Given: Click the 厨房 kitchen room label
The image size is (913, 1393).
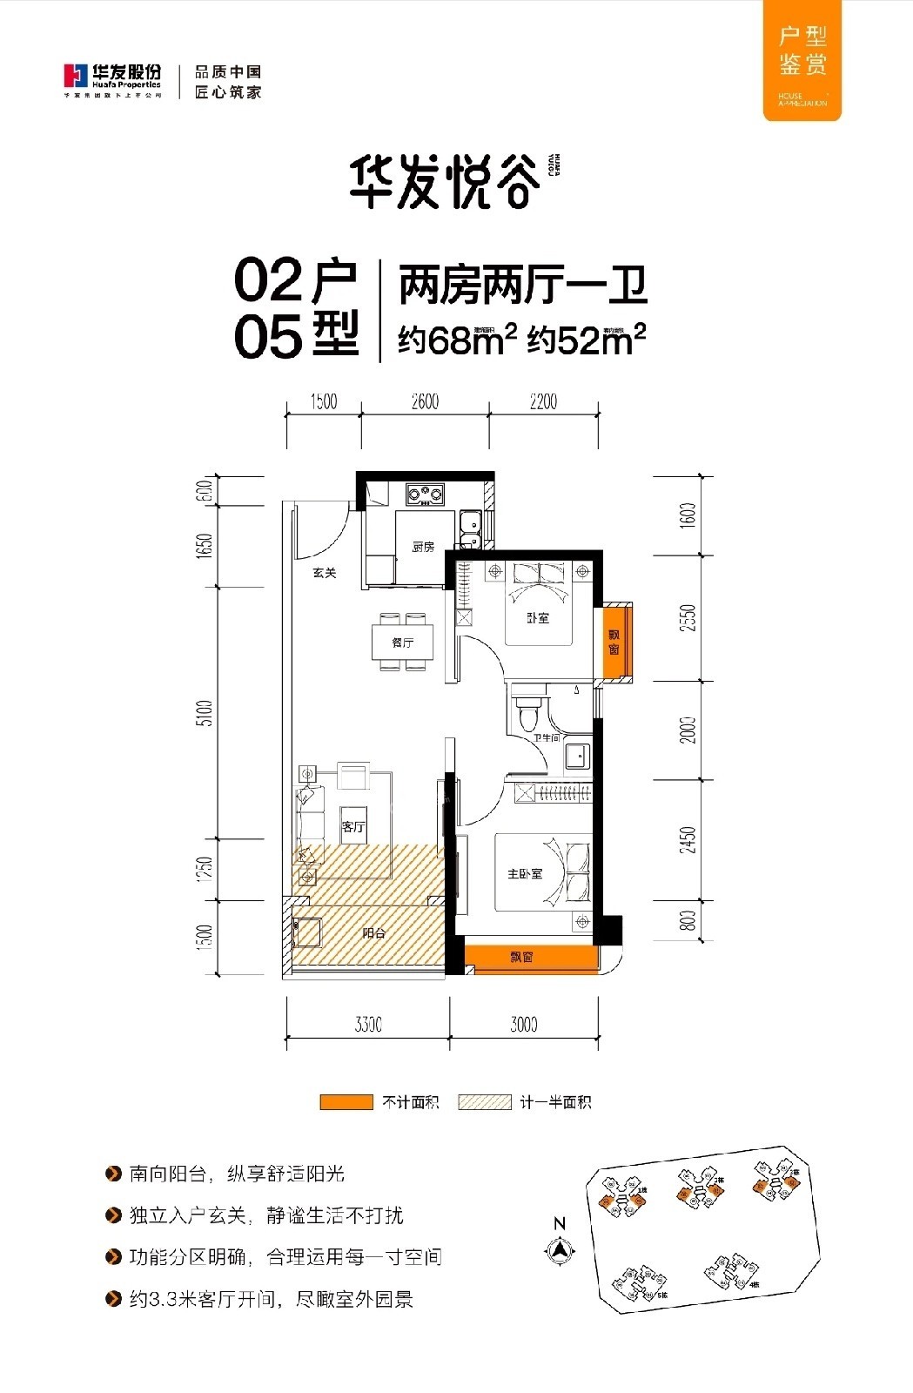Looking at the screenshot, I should click(423, 547).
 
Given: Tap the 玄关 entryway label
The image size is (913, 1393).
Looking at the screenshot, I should click(325, 573).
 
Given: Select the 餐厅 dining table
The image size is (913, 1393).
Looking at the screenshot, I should click(403, 643).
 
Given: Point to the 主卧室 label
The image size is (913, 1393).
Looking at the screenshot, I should click(525, 873).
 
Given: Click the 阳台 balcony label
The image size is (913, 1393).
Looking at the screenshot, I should click(374, 933).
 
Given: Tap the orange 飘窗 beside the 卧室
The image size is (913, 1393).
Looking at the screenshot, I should click(614, 643).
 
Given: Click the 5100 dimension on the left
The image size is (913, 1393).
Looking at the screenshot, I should click(205, 714).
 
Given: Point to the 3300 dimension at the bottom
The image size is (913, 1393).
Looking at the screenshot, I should click(368, 1025).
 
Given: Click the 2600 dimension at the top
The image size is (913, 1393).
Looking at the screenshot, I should click(425, 401).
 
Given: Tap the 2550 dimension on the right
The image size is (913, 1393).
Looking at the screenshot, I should click(688, 618).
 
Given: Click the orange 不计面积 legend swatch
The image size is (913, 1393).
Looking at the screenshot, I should click(346, 1102).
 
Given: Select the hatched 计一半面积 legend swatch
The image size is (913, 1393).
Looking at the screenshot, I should click(485, 1102).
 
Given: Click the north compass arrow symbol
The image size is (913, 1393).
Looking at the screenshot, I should click(560, 1250).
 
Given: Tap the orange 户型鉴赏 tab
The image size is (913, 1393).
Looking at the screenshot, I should click(802, 59).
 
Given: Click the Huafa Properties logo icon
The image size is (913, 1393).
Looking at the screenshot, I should click(76, 77).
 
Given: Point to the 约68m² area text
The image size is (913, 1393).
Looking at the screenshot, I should click(458, 340).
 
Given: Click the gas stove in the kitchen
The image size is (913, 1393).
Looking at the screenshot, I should click(424, 495).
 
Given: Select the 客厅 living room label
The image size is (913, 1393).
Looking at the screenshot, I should click(353, 827).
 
